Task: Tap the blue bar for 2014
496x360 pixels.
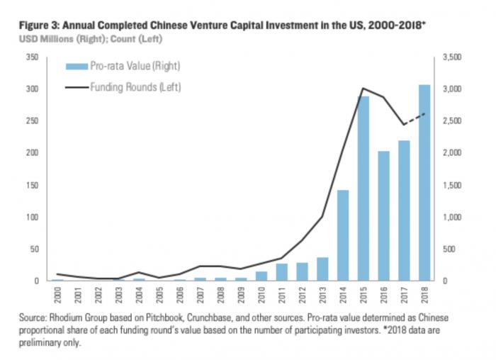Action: click(x=343, y=235)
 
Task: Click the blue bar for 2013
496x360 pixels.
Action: click(x=322, y=269)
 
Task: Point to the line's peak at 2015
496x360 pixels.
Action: click(x=363, y=89)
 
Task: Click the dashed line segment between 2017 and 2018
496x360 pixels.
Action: click(x=415, y=118)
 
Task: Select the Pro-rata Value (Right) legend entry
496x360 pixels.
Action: click(x=124, y=66)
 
